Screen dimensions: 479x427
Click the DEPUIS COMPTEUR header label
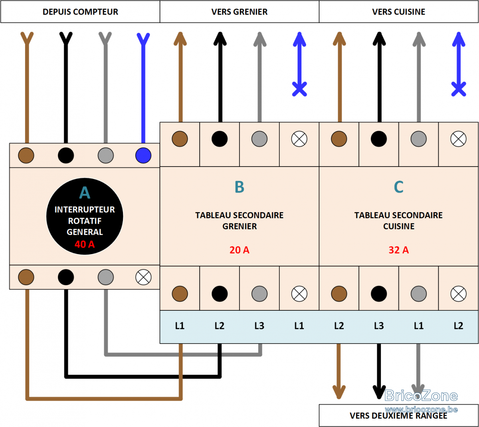(x=80, y=12)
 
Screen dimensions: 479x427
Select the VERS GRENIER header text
(x=239, y=12)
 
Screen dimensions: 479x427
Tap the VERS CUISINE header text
(x=398, y=12)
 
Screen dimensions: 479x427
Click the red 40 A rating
(x=85, y=244)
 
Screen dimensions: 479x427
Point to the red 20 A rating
(x=239, y=250)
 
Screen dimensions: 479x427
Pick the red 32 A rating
(x=399, y=250)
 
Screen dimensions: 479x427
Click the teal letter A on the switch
(x=85, y=193)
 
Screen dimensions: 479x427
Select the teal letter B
(x=239, y=187)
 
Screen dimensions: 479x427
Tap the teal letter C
(x=399, y=187)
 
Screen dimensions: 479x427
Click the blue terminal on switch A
(x=143, y=155)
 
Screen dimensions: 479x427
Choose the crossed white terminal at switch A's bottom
(x=143, y=277)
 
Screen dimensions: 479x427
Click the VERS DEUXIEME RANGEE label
(x=398, y=416)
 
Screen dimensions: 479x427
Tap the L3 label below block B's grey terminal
(x=259, y=326)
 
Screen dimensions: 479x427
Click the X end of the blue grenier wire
(x=299, y=89)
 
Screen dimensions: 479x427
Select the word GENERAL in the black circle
(x=85, y=232)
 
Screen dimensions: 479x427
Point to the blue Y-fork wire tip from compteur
(x=143, y=39)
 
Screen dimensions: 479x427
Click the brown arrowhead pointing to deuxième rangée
(x=339, y=392)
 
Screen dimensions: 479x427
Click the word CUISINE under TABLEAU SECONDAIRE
(x=399, y=226)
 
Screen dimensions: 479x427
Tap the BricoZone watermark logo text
(x=421, y=396)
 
